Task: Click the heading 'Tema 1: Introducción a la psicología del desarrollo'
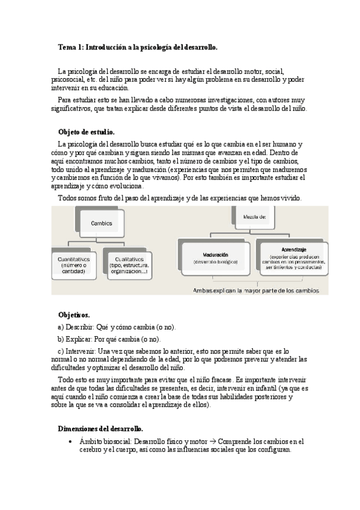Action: coord(138,47)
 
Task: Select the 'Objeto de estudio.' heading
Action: coord(86,132)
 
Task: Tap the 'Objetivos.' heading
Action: coord(74,315)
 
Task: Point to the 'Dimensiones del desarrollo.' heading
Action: coord(100,429)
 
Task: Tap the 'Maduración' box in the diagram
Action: coord(215,258)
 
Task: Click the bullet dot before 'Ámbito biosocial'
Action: coord(72,441)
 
